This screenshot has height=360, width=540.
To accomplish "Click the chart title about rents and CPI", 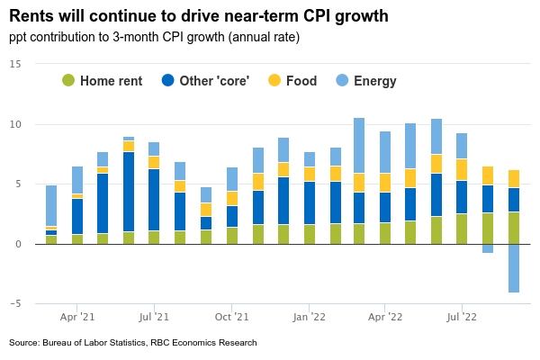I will pyautogui.click(x=198, y=15).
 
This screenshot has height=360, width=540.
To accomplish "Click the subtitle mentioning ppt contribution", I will pyautogui.click(x=154, y=37).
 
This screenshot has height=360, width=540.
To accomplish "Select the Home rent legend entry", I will pyautogui.click(x=103, y=81).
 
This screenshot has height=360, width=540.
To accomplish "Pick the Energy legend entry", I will pyautogui.click(x=366, y=81).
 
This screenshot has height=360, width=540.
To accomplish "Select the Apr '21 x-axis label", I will pyautogui.click(x=77, y=317).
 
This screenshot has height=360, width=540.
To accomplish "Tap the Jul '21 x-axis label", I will pyautogui.click(x=154, y=317).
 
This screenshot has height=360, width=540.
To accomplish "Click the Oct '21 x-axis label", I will pyautogui.click(x=232, y=317).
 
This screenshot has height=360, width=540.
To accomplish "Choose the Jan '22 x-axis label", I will pyautogui.click(x=309, y=317).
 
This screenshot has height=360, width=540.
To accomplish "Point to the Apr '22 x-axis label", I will pyautogui.click(x=385, y=317).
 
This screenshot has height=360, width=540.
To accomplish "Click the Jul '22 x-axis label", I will pyautogui.click(x=462, y=317).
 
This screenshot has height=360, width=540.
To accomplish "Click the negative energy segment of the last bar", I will pyautogui.click(x=513, y=268).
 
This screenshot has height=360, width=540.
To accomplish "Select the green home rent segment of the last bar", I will pyautogui.click(x=513, y=228).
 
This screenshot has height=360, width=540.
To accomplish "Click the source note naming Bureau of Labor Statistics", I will pyautogui.click(x=133, y=343).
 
